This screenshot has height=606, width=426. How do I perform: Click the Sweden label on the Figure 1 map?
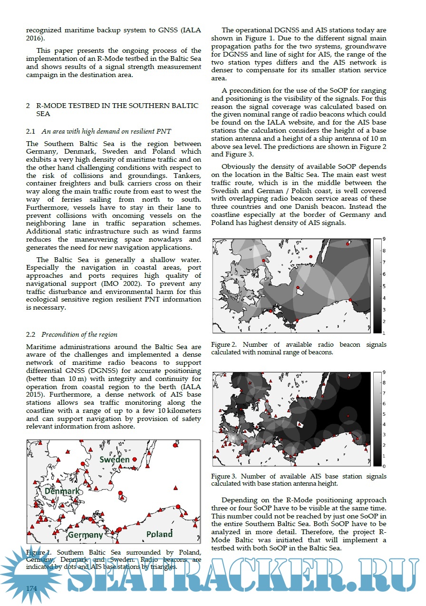114,459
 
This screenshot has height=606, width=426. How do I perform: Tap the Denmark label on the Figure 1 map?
62,491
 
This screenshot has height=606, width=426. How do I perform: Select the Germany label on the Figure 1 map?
86,535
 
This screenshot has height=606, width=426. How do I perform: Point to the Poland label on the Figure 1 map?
159,534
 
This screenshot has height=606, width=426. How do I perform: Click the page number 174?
31,588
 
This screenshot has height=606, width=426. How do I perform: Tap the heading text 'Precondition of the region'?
79,334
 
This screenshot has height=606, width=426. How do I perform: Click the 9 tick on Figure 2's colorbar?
383,239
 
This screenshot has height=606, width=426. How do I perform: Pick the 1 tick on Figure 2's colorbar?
383,333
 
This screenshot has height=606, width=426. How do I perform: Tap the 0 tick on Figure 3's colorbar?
383,466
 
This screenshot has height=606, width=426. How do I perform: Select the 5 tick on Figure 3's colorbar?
383,414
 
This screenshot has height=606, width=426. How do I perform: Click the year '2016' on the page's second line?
35,38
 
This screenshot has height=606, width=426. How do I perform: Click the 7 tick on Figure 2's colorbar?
383,262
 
